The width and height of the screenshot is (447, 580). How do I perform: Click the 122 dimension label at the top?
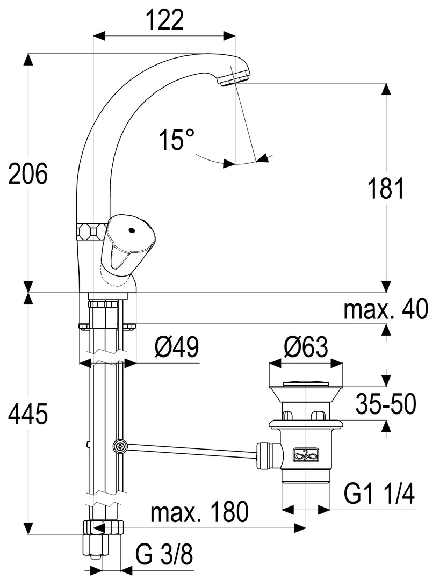point(164,20)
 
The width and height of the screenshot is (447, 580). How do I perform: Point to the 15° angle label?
point(176,141)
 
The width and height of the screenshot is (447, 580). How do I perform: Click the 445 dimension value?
point(28,415)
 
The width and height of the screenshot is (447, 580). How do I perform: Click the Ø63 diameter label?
point(305,348)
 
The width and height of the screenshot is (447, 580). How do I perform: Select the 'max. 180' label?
point(200,513)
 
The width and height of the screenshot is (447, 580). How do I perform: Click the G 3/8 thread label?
point(163,554)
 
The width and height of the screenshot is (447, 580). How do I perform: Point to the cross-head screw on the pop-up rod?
point(119,446)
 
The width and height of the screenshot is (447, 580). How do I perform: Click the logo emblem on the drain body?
point(305,455)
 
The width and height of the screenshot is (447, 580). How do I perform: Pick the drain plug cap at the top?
point(305,382)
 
